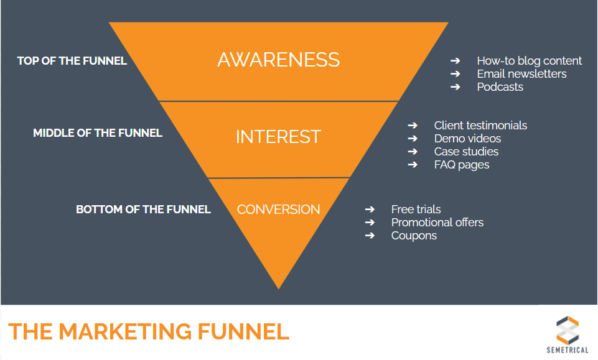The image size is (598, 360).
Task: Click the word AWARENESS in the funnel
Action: click(x=278, y=60)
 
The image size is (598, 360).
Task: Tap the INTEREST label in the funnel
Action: click(x=278, y=137)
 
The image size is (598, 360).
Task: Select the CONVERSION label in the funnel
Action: click(x=278, y=210)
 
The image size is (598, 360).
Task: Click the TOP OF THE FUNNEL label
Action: click(x=72, y=61)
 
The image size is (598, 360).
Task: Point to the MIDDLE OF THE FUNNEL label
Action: click(x=98, y=133)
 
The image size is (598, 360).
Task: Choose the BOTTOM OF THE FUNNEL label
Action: click(x=143, y=210)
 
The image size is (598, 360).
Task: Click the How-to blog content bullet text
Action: click(x=529, y=61)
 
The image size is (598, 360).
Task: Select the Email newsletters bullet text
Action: click(x=521, y=74)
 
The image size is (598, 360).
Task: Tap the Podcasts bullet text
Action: click(x=500, y=87)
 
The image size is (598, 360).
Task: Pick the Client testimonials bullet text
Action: click(x=480, y=126)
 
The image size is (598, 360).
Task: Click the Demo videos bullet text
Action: click(x=467, y=139)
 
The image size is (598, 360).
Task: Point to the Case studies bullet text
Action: click(x=466, y=152)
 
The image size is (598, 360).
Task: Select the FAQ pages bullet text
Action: click(x=462, y=165)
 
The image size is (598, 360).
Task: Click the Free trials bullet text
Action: click(x=416, y=210)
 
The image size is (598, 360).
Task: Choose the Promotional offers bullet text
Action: click(x=437, y=223)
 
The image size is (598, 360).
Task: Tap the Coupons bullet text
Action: click(x=414, y=236)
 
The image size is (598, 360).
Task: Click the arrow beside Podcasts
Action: click(x=456, y=87)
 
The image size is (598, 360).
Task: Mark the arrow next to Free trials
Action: click(x=370, y=210)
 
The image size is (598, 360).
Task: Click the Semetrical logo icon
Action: click(x=567, y=329)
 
